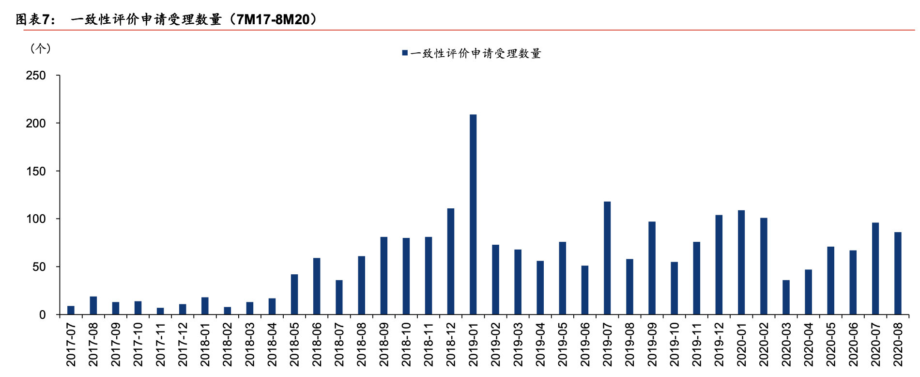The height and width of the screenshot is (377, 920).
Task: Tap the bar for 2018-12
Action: [451, 262]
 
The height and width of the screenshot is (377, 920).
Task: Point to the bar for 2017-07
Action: [71, 310]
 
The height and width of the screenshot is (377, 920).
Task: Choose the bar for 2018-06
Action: [317, 286]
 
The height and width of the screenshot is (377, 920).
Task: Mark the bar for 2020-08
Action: [898, 273]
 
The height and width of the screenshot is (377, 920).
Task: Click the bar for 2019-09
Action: [652, 268]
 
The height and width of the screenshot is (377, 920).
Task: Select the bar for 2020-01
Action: [741, 262]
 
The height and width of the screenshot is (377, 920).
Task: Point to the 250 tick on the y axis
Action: [36, 76]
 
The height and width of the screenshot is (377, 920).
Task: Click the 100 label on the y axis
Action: [36, 219]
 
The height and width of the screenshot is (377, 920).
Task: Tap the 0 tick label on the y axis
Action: [43, 315]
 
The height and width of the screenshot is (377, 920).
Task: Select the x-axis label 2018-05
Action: [294, 345]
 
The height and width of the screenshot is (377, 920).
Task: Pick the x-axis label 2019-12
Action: [719, 345]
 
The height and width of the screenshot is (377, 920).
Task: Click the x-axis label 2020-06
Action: [853, 345]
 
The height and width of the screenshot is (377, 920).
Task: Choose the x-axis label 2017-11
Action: [160, 345]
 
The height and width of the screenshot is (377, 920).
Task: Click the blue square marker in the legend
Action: [405, 53]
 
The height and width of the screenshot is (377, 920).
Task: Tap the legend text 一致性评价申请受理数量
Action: [475, 53]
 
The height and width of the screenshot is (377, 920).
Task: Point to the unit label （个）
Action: [40, 48]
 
